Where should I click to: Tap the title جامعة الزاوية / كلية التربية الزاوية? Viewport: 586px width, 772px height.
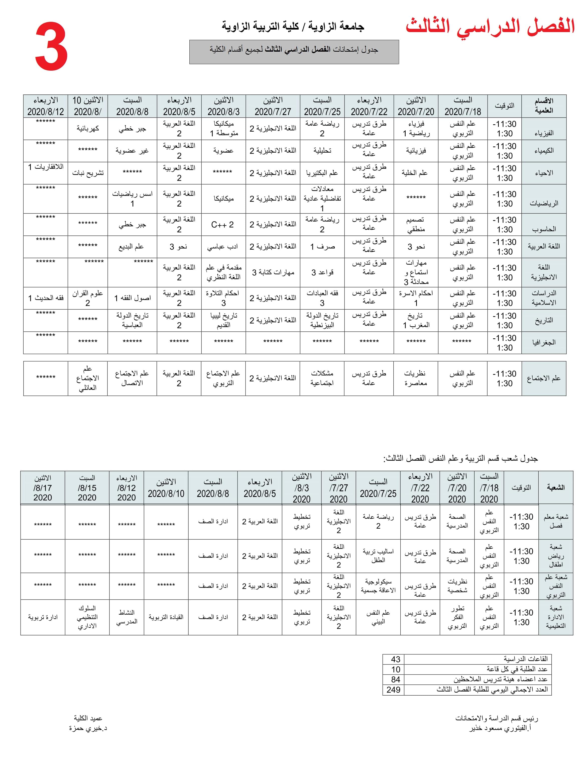tap(293, 27)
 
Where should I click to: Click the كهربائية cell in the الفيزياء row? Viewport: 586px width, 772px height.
tap(87, 128)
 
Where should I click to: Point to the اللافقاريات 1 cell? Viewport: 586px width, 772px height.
tap(46, 167)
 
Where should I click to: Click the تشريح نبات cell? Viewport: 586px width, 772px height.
tap(87, 173)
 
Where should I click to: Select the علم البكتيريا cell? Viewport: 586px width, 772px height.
tap(322, 173)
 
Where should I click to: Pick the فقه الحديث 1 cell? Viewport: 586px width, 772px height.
tap(46, 298)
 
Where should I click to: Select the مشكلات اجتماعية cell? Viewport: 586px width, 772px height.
tap(322, 378)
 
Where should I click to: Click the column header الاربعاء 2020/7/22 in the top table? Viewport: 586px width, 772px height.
tap(369, 106)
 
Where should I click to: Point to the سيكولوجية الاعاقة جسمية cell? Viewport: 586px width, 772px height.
tap(378, 586)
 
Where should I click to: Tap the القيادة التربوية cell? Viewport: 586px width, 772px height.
tap(166, 617)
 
